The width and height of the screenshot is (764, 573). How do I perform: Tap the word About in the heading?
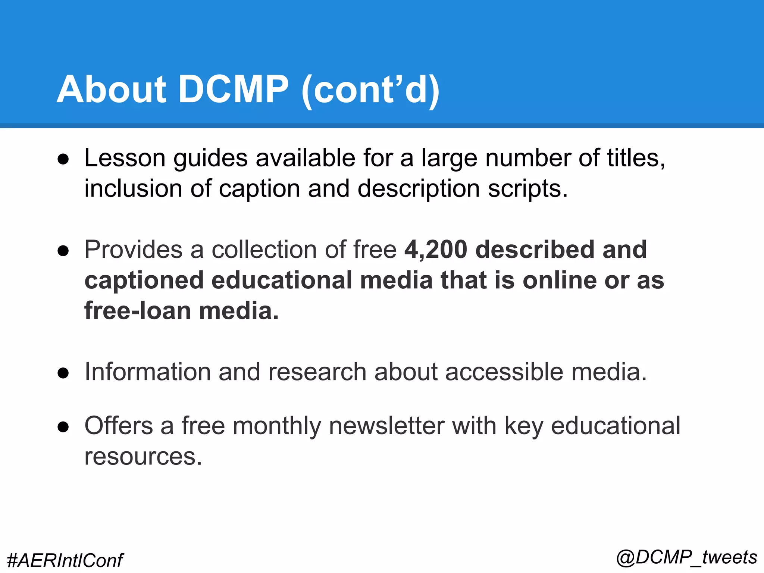pyautogui.click(x=111, y=90)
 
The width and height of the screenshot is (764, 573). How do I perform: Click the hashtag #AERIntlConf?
pyautogui.click(x=65, y=560)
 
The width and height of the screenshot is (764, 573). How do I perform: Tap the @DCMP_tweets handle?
pyautogui.click(x=687, y=557)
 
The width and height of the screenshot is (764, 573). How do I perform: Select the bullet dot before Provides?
pyautogui.click(x=63, y=251)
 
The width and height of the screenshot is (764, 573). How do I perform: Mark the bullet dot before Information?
pyautogui.click(x=63, y=373)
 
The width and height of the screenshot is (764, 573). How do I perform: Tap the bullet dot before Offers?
pyautogui.click(x=63, y=427)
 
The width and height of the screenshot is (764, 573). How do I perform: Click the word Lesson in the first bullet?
pyautogui.click(x=125, y=158)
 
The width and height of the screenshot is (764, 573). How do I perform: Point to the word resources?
pyautogui.click(x=143, y=457)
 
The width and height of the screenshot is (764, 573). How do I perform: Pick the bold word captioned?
pyautogui.click(x=144, y=281)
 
